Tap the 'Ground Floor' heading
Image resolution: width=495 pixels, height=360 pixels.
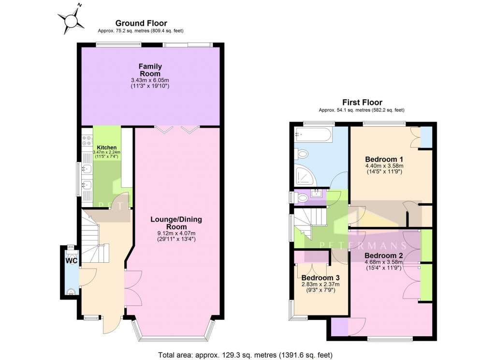click(x=141, y=23)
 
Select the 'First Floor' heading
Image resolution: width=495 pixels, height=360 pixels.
click(x=362, y=103)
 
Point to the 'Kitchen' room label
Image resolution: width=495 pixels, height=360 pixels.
click(x=106, y=147)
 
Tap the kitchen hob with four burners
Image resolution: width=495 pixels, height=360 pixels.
click(x=87, y=141)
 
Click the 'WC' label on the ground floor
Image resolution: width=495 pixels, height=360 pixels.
click(x=71, y=261)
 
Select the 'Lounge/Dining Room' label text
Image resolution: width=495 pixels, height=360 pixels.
click(x=176, y=223)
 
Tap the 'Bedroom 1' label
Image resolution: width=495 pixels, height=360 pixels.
click(x=384, y=159)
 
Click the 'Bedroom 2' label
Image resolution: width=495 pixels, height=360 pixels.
click(x=384, y=255)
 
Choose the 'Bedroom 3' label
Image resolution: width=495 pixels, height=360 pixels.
click(x=320, y=278)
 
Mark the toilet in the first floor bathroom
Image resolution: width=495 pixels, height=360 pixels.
click(x=302, y=155)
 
